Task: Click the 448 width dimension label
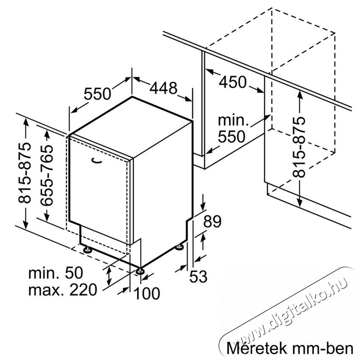tap(163, 88)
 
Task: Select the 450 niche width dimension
tap(233, 82)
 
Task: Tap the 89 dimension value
tap(212, 222)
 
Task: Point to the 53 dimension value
tap(198, 276)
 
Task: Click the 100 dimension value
tap(147, 294)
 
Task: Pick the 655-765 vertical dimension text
tap(47, 175)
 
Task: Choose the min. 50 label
tap(55, 273)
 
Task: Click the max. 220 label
tap(63, 290)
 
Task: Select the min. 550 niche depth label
tap(233, 129)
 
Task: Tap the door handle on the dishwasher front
tap(96, 161)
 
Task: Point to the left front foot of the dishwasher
tap(87, 249)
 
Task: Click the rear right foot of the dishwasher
tap(179, 247)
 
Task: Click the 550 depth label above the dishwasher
tap(97, 94)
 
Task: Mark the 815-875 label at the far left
tap(24, 173)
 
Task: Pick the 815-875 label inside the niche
tap(299, 147)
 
